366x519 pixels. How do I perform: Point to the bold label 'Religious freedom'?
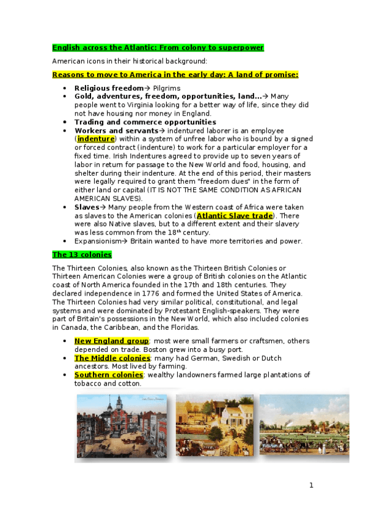coord(109,88)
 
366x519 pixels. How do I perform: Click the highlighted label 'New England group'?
coord(111,340)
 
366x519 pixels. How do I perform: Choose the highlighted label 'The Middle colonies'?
coord(112,357)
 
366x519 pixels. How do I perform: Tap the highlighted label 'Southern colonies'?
coord(109,375)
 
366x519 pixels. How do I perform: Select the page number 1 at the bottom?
coord(311,485)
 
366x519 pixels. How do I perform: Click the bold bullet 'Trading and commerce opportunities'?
coord(145,122)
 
